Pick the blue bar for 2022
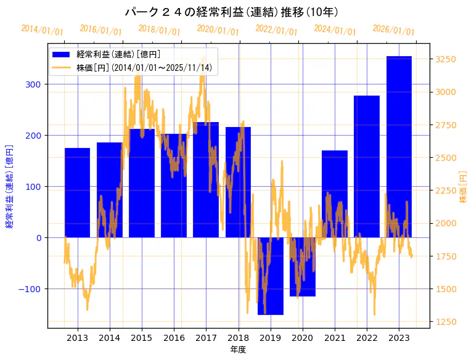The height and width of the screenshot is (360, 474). tap(367, 166)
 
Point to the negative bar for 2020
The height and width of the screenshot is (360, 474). tap(303, 266)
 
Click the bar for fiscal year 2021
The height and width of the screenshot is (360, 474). tap(335, 194)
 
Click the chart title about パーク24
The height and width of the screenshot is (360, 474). tap(231, 12)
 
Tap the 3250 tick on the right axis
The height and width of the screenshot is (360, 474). tap(446, 60)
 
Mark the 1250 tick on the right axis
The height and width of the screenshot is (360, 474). tap(446, 322)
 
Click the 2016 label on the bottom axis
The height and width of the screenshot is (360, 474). tap(174, 338)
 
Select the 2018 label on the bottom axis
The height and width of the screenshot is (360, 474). tap(238, 338)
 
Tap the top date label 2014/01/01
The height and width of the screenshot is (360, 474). tap(42, 30)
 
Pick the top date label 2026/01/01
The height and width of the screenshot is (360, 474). tap(394, 30)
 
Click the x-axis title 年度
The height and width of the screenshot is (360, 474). tap(238, 350)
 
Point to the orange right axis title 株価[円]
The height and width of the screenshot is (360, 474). tap(463, 187)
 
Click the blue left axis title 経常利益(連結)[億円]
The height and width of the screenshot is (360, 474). tap(9, 187)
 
